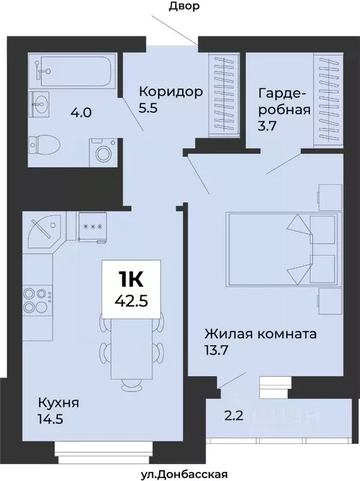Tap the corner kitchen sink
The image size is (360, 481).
45,231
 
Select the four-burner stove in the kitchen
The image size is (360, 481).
37,300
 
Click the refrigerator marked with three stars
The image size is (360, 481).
93,226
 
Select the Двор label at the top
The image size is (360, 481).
184,7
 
